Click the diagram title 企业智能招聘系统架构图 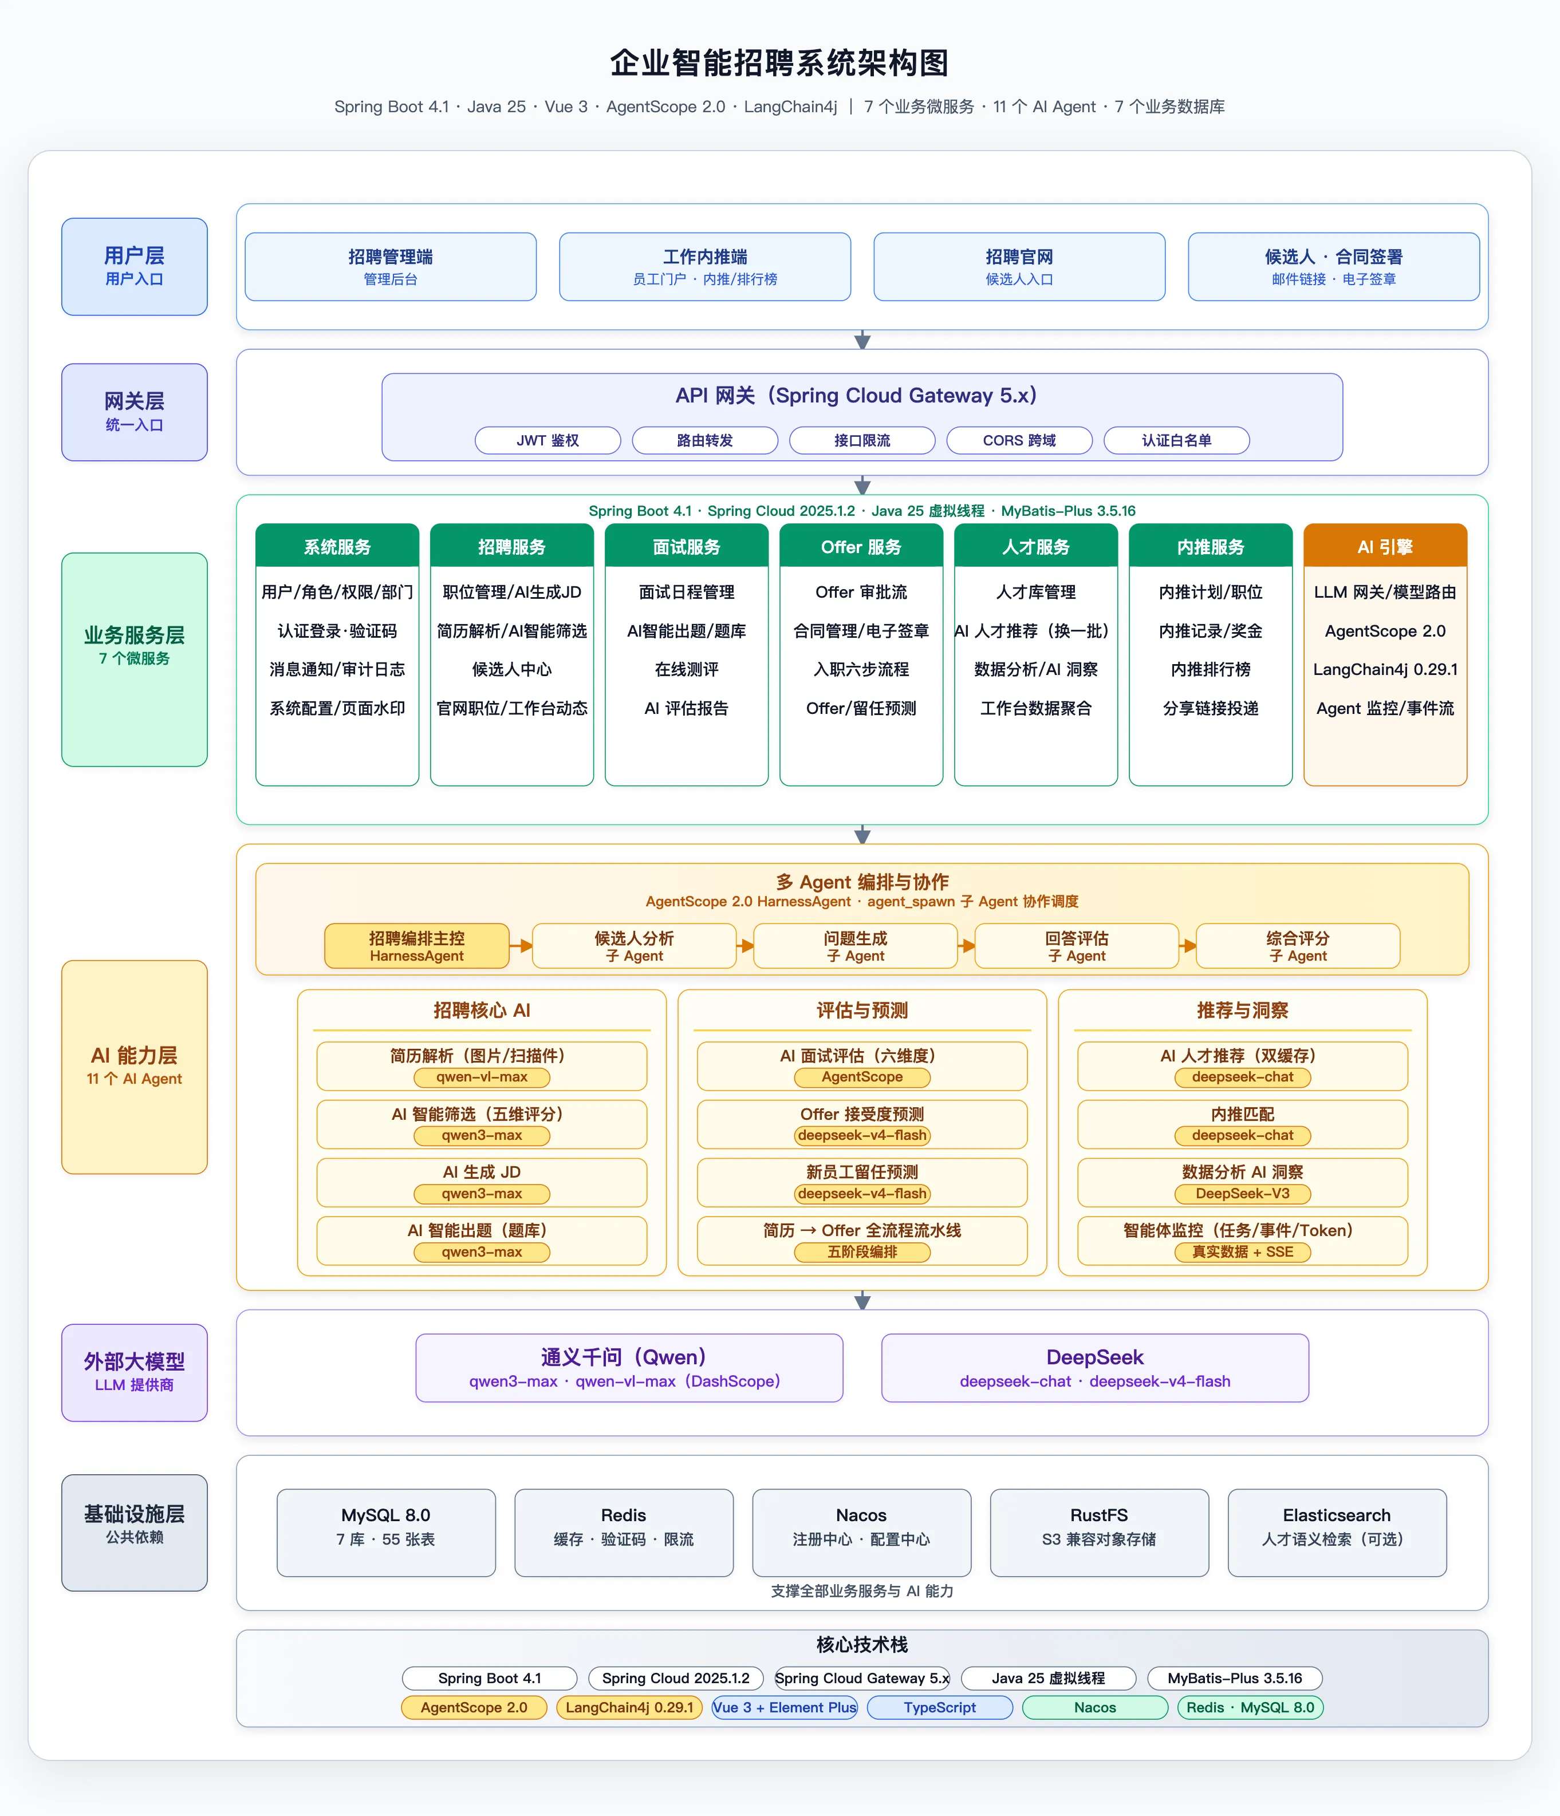coord(779,63)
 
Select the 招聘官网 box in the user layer coord(1019,266)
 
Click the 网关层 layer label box coord(134,412)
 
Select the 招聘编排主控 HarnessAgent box coord(416,946)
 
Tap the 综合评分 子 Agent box coord(1298,946)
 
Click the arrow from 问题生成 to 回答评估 coord(966,946)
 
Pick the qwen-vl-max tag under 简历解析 coord(482,1077)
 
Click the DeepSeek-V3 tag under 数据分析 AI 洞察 coord(1243,1194)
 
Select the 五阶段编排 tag coord(862,1252)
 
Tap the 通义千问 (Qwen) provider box coord(629,1367)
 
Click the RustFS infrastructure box coord(1099,1532)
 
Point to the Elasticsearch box coord(1337,1532)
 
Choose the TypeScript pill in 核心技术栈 coord(939,1707)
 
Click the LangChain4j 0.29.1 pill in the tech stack coord(629,1707)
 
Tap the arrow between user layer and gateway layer coord(862,339)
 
